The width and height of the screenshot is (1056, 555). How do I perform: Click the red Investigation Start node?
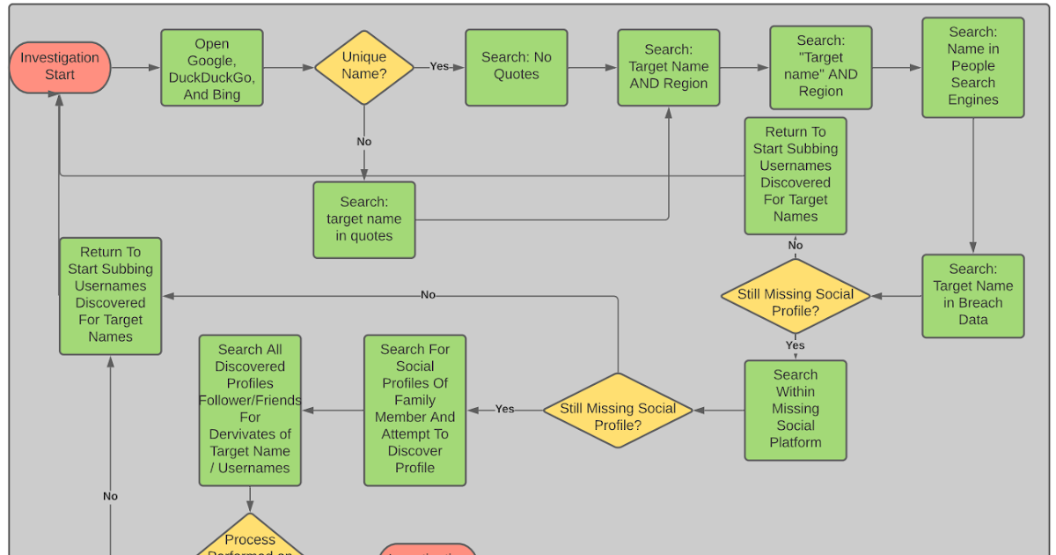pos(60,67)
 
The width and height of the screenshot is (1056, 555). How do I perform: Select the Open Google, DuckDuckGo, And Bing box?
pos(212,69)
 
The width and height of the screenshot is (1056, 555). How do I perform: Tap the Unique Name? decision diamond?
pos(364,67)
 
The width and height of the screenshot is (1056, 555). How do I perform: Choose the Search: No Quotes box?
pos(517,67)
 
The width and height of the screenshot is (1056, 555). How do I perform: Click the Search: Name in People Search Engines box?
pos(972,67)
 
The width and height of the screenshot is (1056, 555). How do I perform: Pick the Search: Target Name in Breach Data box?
pos(972,295)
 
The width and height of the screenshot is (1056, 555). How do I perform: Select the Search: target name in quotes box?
pos(364,219)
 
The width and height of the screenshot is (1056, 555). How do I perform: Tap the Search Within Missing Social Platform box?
pos(795,410)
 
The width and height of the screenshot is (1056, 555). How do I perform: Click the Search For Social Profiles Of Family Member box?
pos(415,410)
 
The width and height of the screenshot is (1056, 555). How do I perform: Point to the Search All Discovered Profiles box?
pos(250,410)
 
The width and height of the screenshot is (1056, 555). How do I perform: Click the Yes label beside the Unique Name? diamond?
pos(439,67)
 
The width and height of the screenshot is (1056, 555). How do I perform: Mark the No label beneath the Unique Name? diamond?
pos(364,142)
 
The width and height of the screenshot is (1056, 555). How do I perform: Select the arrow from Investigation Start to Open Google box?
pos(136,67)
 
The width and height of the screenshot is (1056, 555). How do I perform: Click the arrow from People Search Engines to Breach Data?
pos(972,186)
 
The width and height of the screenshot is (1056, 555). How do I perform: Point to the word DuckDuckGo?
pos(211,78)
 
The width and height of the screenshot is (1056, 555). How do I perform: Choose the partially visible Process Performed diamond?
pos(250,537)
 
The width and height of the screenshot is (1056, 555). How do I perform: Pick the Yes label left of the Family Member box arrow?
pos(504,409)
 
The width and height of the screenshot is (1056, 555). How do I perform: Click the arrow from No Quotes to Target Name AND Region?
pos(592,67)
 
